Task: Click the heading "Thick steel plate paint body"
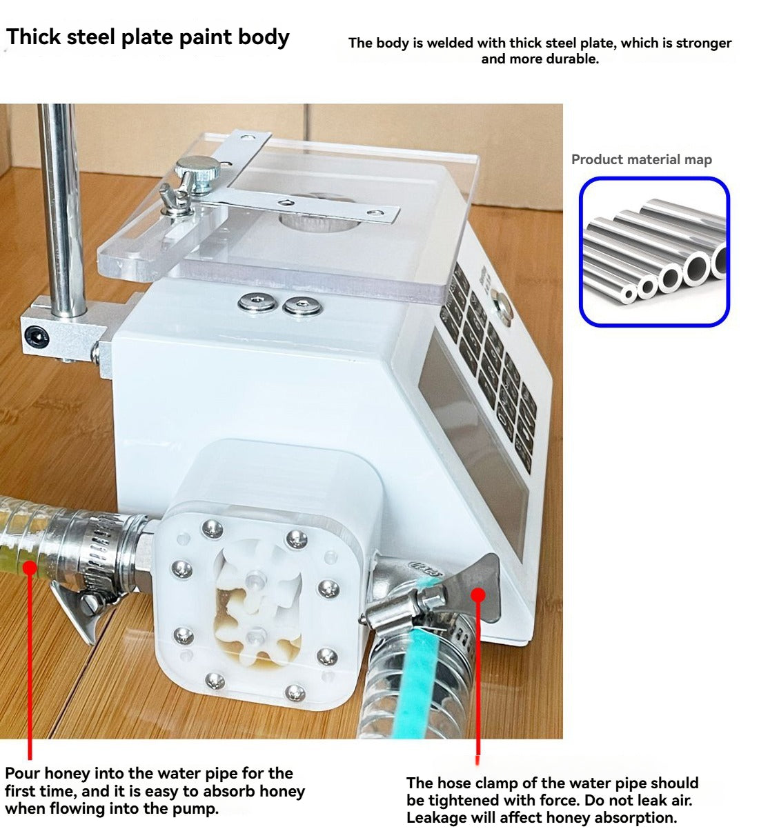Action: point(148,37)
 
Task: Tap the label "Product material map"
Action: point(641,159)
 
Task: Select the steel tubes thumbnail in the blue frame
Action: point(654,251)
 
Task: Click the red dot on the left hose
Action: point(30,567)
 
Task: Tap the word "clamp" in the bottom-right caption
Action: point(499,783)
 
